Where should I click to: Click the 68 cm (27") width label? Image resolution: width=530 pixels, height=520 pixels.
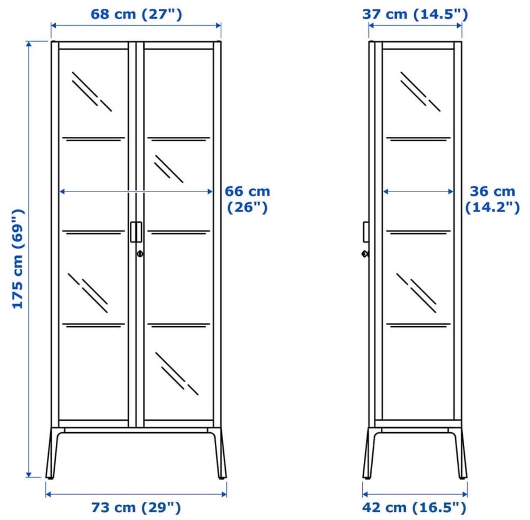[x=136, y=14]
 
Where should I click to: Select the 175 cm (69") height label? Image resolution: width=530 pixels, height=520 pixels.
[x=18, y=259]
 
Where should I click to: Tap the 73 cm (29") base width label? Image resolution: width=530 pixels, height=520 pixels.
[x=136, y=507]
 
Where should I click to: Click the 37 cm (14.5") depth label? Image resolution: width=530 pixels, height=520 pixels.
[x=415, y=14]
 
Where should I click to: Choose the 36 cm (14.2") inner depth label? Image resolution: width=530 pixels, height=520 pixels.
[x=492, y=199]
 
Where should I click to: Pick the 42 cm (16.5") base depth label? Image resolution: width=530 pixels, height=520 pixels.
[x=415, y=507]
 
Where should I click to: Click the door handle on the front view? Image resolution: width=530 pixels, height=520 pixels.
[x=136, y=232]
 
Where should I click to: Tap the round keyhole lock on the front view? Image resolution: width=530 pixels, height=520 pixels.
[x=140, y=253]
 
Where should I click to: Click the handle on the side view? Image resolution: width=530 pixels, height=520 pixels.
[x=365, y=232]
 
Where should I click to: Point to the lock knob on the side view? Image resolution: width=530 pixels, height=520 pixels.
[x=365, y=253]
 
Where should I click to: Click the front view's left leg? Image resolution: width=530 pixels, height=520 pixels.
[x=53, y=453]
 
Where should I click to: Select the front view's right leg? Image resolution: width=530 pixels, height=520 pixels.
[x=219, y=453]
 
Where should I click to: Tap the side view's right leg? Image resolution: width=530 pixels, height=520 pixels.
[x=460, y=453]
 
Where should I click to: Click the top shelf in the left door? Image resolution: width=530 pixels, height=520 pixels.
[x=94, y=139]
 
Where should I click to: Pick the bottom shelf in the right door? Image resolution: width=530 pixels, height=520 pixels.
[x=179, y=325]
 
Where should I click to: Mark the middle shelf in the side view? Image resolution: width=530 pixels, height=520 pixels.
[x=418, y=232]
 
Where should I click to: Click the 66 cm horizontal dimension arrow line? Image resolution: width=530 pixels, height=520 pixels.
[x=136, y=192]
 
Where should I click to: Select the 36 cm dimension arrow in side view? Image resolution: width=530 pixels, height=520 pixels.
[x=418, y=192]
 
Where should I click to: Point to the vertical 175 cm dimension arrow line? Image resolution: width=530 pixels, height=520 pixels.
[x=29, y=259]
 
